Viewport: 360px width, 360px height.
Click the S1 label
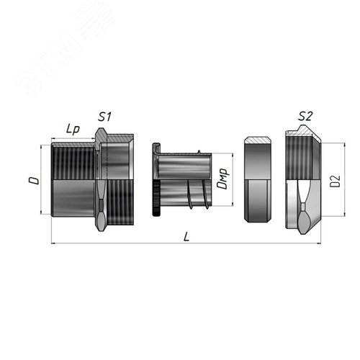pyautogui.click(x=104, y=117)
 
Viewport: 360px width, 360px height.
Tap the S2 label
pyautogui.click(x=305, y=116)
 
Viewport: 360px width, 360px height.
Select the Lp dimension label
pyautogui.click(x=73, y=130)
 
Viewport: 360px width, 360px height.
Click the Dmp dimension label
pyautogui.click(x=222, y=179)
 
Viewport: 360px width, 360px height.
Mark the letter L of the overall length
pyautogui.click(x=186, y=237)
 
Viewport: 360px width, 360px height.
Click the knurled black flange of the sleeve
pyautogui.click(x=156, y=197)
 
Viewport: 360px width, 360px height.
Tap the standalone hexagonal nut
pyautogui.click(x=258, y=179)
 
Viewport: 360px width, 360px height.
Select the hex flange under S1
pyautogui.click(x=101, y=180)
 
